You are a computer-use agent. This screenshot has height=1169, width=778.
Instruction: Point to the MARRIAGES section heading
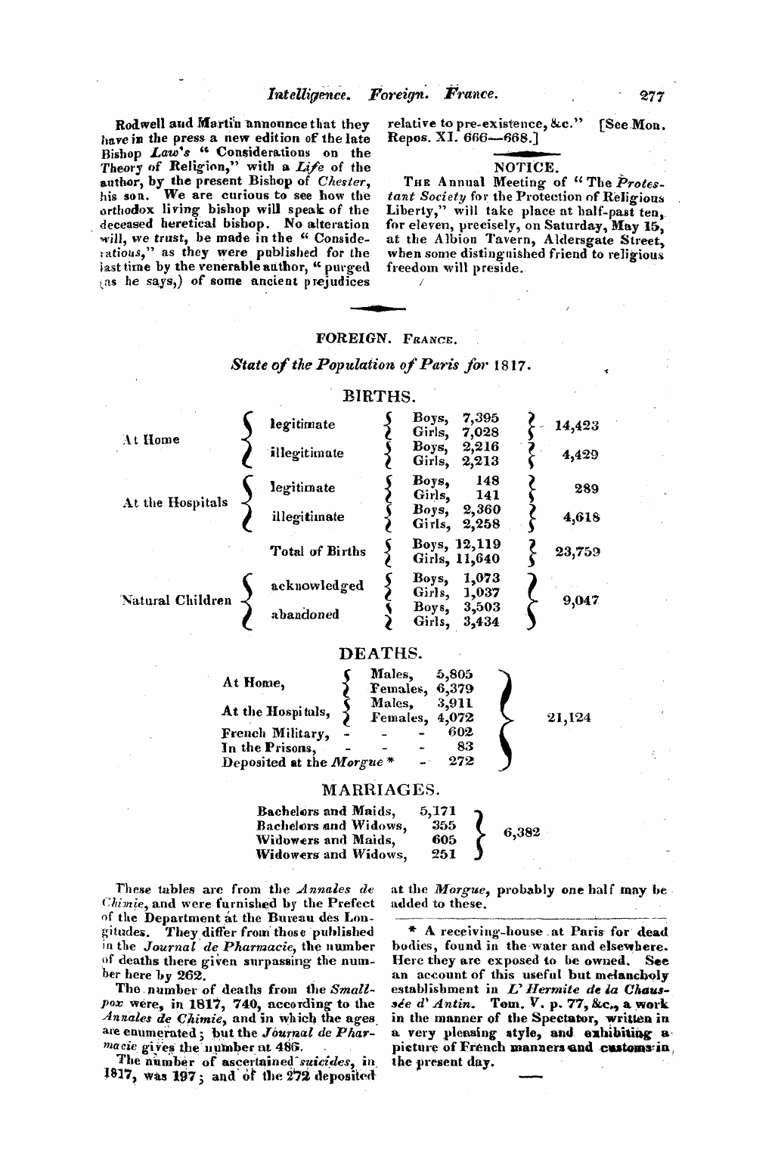[380, 791]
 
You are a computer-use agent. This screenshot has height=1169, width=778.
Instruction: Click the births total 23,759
[577, 551]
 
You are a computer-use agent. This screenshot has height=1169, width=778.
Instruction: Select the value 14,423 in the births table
[576, 425]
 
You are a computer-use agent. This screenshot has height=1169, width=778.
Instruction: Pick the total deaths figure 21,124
[569, 718]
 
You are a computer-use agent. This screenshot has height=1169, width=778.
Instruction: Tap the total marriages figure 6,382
[522, 832]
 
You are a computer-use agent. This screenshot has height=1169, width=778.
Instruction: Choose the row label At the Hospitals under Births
[175, 502]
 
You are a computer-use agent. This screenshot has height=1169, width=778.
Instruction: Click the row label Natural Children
[175, 601]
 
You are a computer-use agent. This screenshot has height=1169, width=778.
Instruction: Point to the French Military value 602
[460, 732]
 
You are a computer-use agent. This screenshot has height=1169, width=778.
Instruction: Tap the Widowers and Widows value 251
[443, 854]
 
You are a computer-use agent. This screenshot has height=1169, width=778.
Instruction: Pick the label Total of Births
[318, 551]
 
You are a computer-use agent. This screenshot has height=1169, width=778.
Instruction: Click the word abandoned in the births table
[305, 614]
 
